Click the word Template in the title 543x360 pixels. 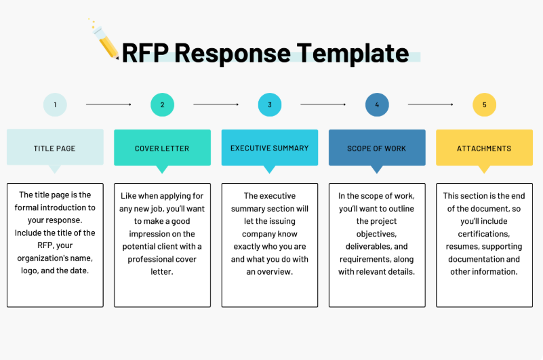[x=353, y=54]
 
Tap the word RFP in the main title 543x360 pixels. [x=145, y=53]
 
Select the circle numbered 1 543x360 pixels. [x=55, y=104]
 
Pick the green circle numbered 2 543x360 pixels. [x=163, y=104]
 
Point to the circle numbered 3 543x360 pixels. [x=270, y=104]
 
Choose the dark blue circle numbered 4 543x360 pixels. [x=377, y=104]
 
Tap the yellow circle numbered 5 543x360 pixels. [x=485, y=104]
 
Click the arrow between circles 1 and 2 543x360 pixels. [x=108, y=104]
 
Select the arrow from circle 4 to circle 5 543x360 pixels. [x=430, y=104]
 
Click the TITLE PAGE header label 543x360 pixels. [x=54, y=148]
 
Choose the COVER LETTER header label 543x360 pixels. [x=162, y=148]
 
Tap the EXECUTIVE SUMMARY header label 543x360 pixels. [x=269, y=148]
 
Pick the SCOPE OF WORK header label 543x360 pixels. [x=376, y=148]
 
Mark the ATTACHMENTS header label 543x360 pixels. [x=484, y=148]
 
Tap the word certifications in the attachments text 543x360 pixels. [x=484, y=234]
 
